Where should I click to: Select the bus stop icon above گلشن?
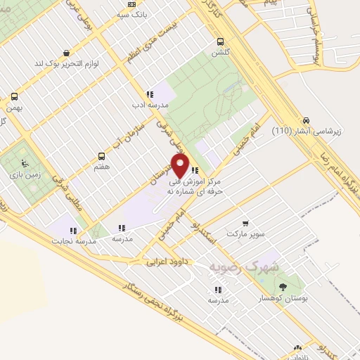click(221, 41)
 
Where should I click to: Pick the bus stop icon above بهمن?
click(14, 97)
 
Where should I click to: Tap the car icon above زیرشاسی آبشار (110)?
click(307, 120)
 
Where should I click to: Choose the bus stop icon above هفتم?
click(101, 156)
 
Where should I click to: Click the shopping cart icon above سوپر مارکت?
click(245, 223)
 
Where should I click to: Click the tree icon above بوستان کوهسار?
click(282, 286)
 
